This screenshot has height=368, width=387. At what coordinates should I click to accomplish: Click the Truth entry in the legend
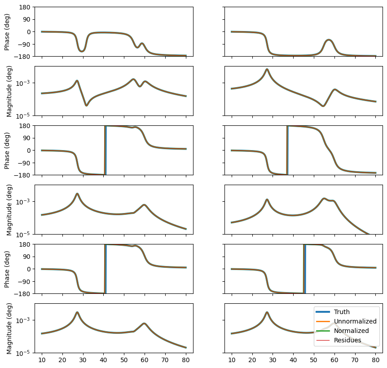[x=342, y=312]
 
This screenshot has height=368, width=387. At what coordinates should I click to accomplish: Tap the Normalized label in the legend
[x=351, y=331]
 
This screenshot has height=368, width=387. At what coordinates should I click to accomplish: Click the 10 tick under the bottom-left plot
[x=42, y=360]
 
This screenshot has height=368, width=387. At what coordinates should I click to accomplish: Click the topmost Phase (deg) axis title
[x=8, y=31]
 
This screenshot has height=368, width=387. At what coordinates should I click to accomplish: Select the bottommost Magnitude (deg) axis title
[x=9, y=328]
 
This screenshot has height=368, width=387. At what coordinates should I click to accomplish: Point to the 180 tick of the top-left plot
[x=25, y=7]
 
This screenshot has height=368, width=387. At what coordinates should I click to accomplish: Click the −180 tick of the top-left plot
[x=23, y=56]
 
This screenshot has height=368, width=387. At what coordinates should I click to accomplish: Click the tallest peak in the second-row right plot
[x=267, y=69]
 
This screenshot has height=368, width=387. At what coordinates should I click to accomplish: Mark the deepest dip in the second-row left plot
[x=87, y=106]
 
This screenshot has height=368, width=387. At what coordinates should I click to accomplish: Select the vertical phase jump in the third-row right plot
[x=287, y=150]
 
